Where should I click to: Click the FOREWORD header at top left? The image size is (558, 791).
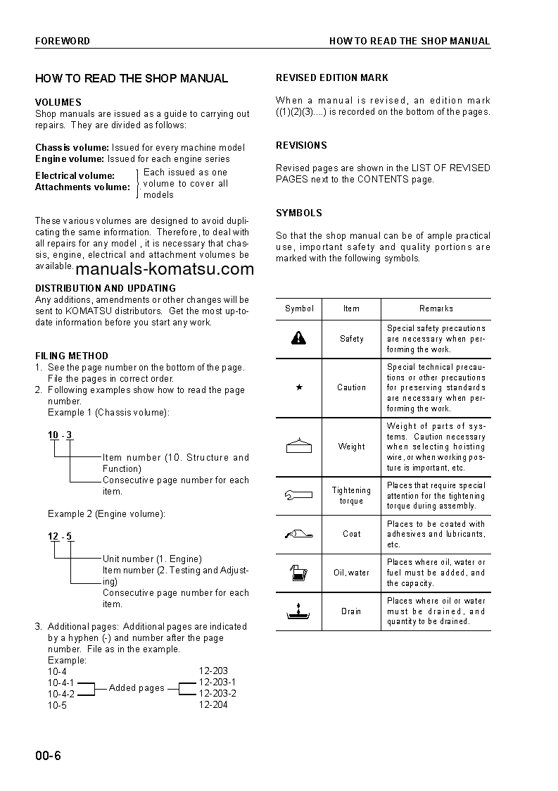tap(63, 41)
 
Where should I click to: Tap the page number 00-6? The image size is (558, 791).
tap(49, 756)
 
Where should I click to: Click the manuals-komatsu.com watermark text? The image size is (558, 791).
tap(165, 269)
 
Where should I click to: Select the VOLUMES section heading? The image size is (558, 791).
tap(58, 102)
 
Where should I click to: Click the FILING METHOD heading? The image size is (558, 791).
tap(72, 356)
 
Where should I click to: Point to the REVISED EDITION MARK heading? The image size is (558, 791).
tap(332, 77)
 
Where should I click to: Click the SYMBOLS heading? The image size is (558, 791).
tap(299, 213)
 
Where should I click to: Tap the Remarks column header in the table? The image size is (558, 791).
tap(436, 309)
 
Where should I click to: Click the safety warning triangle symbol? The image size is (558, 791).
tap(298, 338)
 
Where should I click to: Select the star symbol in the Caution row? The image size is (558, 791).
tap(299, 387)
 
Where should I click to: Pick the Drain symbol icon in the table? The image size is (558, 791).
tap(298, 611)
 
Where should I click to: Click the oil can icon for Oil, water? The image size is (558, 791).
tap(298, 572)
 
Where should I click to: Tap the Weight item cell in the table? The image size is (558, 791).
tap(351, 447)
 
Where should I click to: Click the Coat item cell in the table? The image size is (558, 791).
tap(351, 534)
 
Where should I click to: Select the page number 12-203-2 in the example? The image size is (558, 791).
tap(217, 693)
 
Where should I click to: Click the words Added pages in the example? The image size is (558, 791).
tap(137, 688)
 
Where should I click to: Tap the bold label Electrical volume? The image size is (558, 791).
tap(75, 175)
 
